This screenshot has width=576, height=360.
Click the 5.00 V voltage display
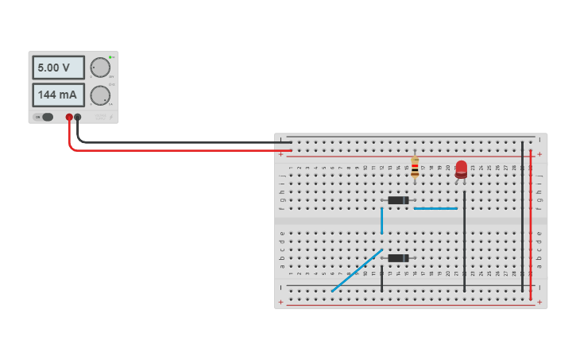tap(58, 68)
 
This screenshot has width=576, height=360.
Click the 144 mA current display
tap(58, 95)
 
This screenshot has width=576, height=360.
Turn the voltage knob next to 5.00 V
tap(99, 68)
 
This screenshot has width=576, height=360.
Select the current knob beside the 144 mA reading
tap(99, 96)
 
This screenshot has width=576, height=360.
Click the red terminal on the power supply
tap(69, 118)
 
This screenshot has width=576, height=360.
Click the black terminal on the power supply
tap(78, 118)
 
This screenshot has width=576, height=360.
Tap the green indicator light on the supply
tap(112, 57)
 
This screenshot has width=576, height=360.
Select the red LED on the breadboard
tap(461, 169)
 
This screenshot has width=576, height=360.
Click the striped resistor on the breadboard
tap(415, 168)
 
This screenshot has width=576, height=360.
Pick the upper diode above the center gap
tap(397, 200)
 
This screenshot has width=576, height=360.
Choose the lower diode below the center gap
tap(397, 257)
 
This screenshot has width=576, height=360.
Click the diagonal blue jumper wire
tap(357, 271)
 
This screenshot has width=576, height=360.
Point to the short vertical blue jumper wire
tap(381, 220)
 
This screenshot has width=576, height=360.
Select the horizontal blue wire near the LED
tap(435, 208)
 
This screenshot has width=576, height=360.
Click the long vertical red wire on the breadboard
tap(531, 223)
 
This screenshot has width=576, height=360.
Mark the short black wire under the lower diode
tap(381, 279)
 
